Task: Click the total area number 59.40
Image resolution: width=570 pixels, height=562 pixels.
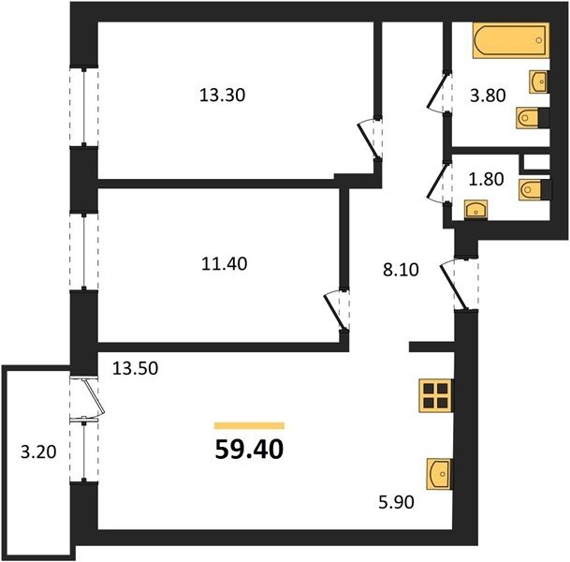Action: point(249,450)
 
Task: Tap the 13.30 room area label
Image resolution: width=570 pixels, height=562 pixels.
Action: point(223,96)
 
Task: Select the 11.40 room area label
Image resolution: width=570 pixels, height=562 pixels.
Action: point(225,264)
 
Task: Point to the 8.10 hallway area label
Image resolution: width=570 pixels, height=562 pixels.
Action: point(401,270)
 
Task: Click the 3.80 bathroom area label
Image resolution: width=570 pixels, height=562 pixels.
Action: point(488,96)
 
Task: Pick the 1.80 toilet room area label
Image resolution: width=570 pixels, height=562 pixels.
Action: point(486,179)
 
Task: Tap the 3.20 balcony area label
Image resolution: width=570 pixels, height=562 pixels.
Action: point(38,452)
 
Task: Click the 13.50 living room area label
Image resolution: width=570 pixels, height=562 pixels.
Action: point(135,368)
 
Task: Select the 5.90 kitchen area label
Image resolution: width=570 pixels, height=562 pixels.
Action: point(396,502)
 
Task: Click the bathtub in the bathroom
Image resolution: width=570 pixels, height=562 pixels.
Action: point(511,40)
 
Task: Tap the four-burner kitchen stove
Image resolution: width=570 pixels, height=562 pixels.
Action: point(435,396)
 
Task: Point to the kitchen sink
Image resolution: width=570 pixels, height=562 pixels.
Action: point(440,474)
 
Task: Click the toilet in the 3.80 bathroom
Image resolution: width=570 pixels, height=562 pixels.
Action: point(533,117)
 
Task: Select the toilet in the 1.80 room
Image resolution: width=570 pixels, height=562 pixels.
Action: point(535,189)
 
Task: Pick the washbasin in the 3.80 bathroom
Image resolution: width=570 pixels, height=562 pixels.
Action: point(539,81)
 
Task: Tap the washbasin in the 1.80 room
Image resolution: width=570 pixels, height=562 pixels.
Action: point(475,210)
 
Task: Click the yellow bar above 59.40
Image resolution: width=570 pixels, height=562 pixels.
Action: point(249,425)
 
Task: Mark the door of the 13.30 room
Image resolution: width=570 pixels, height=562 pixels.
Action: point(370,139)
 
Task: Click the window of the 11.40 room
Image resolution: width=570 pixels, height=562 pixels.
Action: point(84,252)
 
